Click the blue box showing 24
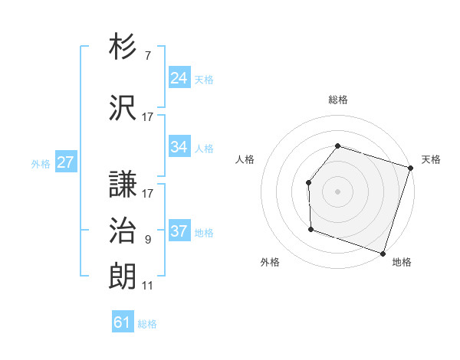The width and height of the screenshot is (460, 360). [x=179, y=77]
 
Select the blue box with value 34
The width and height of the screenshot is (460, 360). [x=179, y=147]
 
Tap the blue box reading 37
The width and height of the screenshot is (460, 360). [x=179, y=231]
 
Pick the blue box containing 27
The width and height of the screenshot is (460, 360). [x=65, y=162]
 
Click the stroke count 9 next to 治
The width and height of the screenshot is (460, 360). [x=147, y=240]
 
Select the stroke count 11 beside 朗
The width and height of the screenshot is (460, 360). [x=147, y=286]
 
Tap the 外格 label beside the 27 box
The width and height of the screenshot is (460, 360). [x=41, y=163]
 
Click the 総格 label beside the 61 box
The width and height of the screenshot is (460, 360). [x=147, y=324]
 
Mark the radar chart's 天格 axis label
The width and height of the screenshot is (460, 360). [x=431, y=159]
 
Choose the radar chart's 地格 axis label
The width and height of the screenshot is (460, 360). [x=402, y=262]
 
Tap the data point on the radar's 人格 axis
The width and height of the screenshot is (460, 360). [x=308, y=182]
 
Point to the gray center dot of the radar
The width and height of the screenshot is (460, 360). [x=337, y=191]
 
